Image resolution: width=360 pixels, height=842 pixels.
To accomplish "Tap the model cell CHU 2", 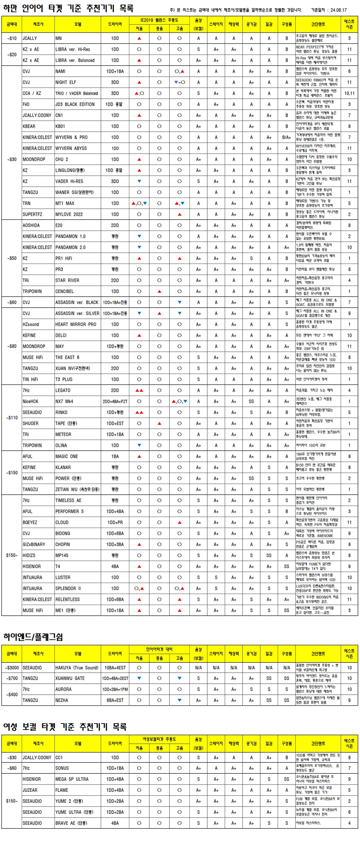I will pyautogui.click(x=62, y=160).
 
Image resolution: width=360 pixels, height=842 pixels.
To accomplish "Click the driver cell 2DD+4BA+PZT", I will pyautogui.click(x=115, y=401).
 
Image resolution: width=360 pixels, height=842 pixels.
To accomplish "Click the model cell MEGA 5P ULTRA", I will pyautogui.click(x=72, y=779).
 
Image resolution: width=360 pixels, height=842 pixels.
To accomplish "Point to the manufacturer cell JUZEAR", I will pyautogui.click(x=30, y=790).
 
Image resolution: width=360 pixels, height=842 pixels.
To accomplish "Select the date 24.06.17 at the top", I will pyautogui.click(x=338, y=10).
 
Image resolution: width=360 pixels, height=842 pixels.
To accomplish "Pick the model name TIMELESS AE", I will pyautogui.click(x=68, y=500).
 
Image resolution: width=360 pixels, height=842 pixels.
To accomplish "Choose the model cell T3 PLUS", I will pyautogui.click(x=64, y=380).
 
